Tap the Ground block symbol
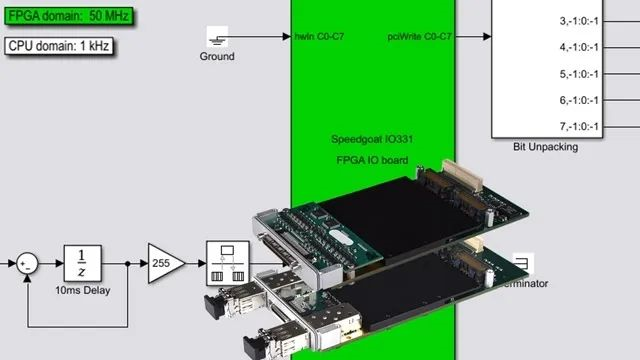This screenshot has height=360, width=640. tap(217, 37)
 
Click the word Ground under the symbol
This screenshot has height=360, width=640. tap(217, 57)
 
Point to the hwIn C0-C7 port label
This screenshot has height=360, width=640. tap(320, 37)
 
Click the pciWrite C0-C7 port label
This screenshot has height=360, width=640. tap(419, 37)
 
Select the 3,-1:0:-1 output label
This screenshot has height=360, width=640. tap(579, 19)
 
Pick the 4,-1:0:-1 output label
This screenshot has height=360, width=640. tap(579, 46)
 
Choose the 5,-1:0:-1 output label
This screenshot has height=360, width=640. tap(579, 73)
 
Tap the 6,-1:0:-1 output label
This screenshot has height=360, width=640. tap(579, 100)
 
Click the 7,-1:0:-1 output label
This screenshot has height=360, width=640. tap(579, 126)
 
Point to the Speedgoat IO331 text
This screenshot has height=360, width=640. tap(372, 139)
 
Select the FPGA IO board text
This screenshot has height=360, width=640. tap(372, 160)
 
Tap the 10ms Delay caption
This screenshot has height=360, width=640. tap(84, 291)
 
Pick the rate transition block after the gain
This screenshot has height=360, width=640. tap(225, 262)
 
